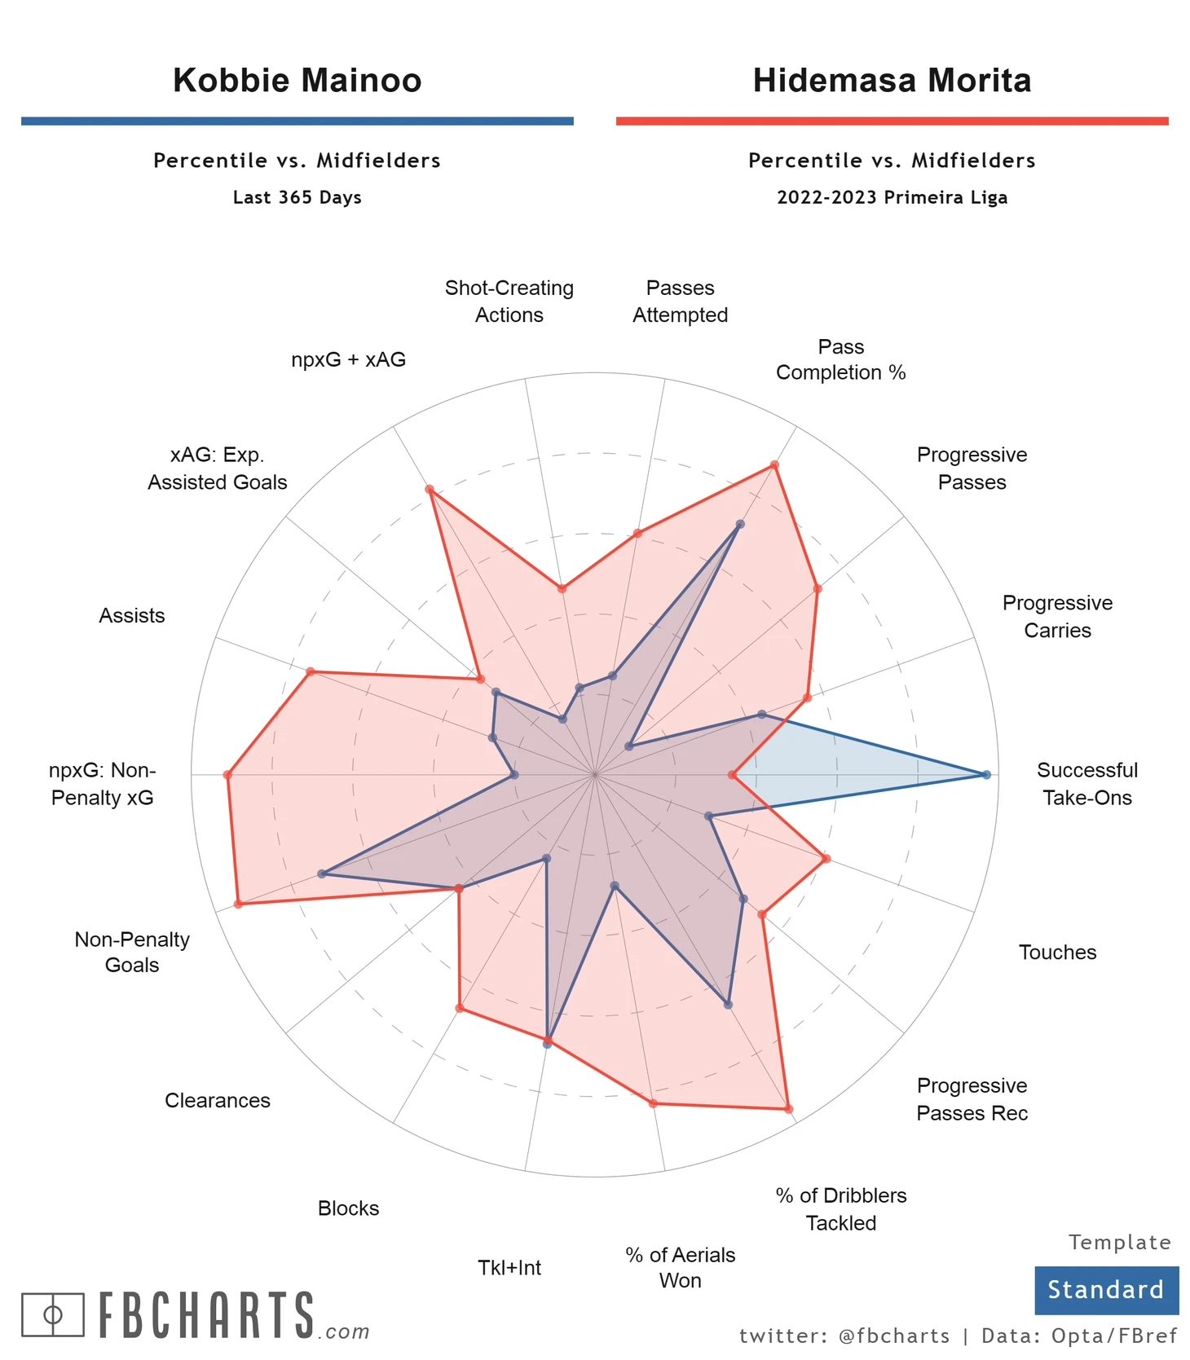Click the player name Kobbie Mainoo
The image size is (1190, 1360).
tap(297, 81)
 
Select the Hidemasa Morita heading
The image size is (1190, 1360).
tap(892, 81)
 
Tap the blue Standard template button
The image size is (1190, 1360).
tap(1106, 1290)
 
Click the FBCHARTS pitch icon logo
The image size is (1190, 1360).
tap(53, 1314)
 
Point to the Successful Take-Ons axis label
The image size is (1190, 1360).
tap(1086, 784)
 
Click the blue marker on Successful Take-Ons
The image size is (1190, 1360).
tap(986, 775)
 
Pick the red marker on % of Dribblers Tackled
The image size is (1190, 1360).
tap(788, 1109)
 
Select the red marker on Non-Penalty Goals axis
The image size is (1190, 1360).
tap(238, 904)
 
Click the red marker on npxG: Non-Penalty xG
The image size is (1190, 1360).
tap(228, 775)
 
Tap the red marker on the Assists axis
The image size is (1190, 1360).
tap(310, 672)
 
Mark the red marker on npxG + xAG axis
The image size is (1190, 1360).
tap(430, 490)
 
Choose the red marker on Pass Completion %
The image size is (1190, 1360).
tap(774, 465)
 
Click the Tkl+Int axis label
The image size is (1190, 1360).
tap(509, 1268)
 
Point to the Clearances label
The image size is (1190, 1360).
tap(218, 1101)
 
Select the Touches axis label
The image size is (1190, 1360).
tap(1057, 953)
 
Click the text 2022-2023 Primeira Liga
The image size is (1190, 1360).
tap(892, 198)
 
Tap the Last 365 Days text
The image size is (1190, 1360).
tap(297, 198)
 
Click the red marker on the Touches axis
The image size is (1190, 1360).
tap(826, 859)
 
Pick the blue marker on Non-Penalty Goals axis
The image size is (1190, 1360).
tap(322, 874)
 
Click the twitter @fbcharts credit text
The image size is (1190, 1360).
tap(844, 1336)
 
